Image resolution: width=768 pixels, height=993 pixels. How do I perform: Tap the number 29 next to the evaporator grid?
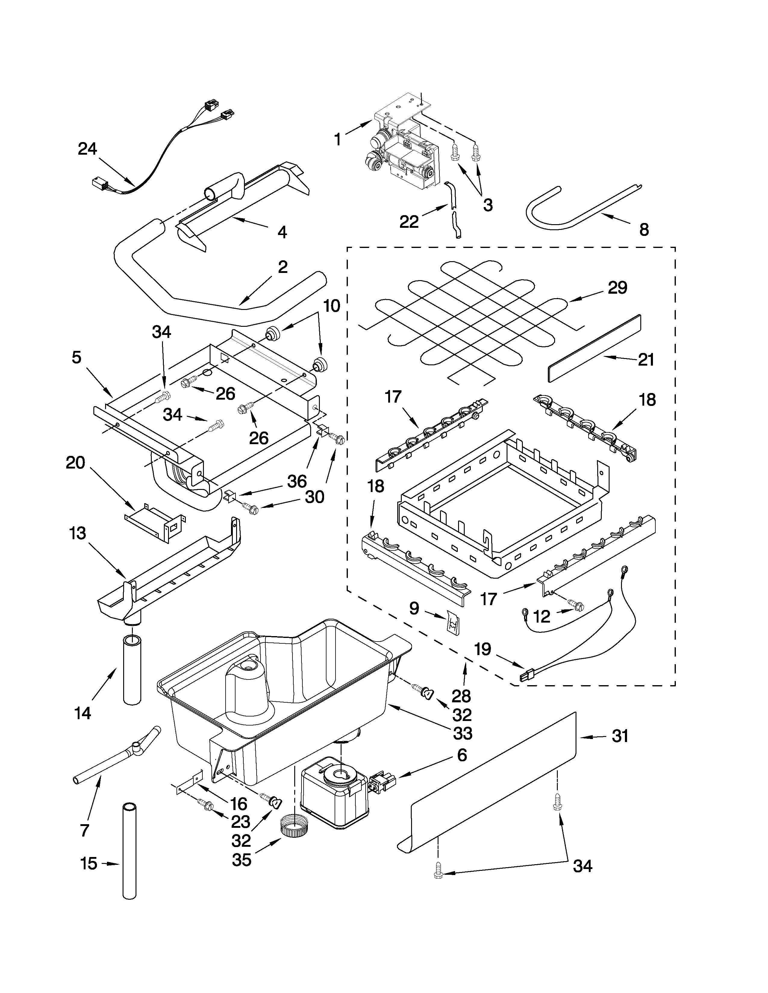pos(617,287)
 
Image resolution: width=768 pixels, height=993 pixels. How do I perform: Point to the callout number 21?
pos(646,359)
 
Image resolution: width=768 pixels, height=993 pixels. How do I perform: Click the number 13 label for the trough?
pos(78,533)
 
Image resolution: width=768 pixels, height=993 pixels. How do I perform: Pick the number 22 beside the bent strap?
pos(409,221)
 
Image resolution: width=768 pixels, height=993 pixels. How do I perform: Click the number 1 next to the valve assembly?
pos(337,139)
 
